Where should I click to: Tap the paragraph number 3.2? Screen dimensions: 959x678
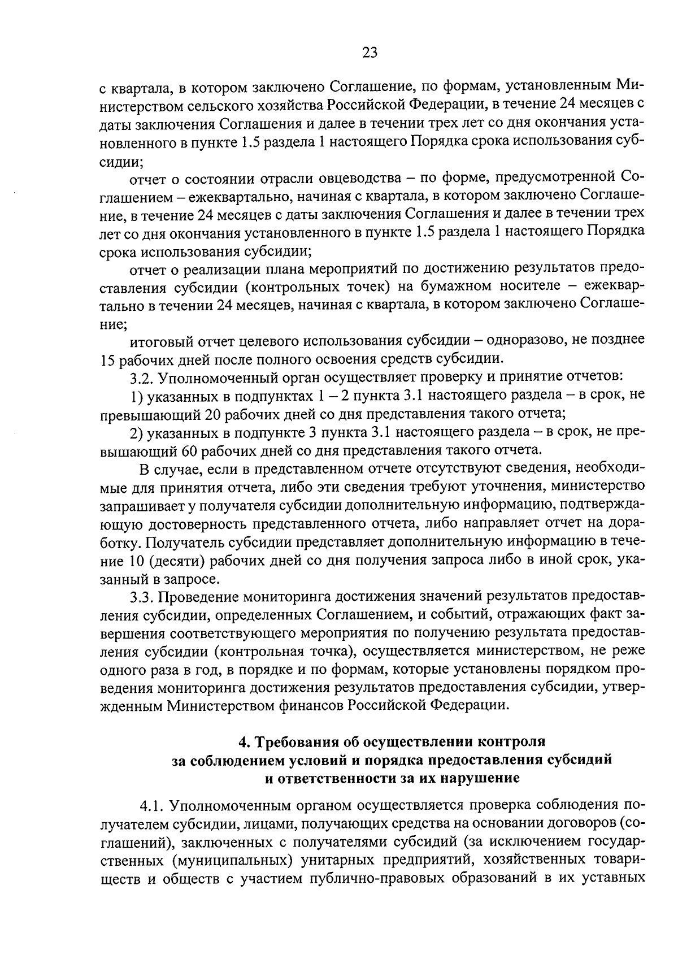[x=141, y=376]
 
